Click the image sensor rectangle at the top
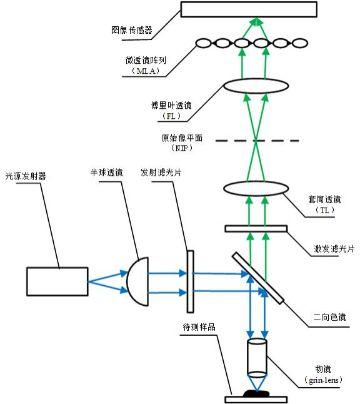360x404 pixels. pos(256,9)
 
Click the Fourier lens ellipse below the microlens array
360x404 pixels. pos(255,87)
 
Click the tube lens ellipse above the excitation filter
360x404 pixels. pos(255,188)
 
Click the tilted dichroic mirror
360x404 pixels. pos(259,279)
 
